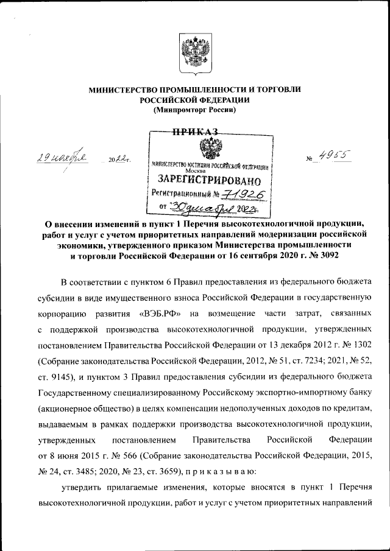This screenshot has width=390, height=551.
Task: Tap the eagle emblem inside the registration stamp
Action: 210,148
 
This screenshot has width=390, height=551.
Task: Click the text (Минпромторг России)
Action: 194,110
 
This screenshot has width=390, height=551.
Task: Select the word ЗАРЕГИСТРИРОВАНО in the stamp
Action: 210,181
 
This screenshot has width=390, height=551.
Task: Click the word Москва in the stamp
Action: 204,171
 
